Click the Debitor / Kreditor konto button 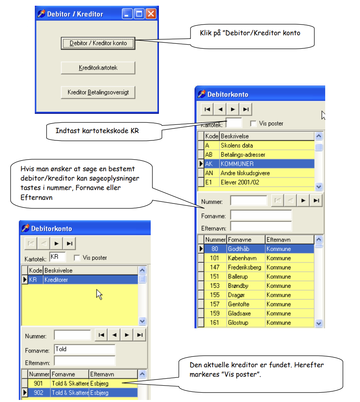(98, 43)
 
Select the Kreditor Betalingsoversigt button (98, 92)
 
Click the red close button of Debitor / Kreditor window (151, 14)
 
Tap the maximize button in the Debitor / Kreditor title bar (139, 14)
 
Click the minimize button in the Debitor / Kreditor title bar (127, 14)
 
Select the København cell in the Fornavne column (242, 258)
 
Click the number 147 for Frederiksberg (215, 267)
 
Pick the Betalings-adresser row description (243, 155)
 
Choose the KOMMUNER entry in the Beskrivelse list (237, 164)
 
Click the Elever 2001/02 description (240, 182)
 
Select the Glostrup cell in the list (238, 323)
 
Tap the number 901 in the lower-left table (38, 384)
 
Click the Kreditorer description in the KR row (56, 280)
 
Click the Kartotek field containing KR (57, 257)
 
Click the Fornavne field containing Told (85, 349)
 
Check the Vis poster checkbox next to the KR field (77, 257)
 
